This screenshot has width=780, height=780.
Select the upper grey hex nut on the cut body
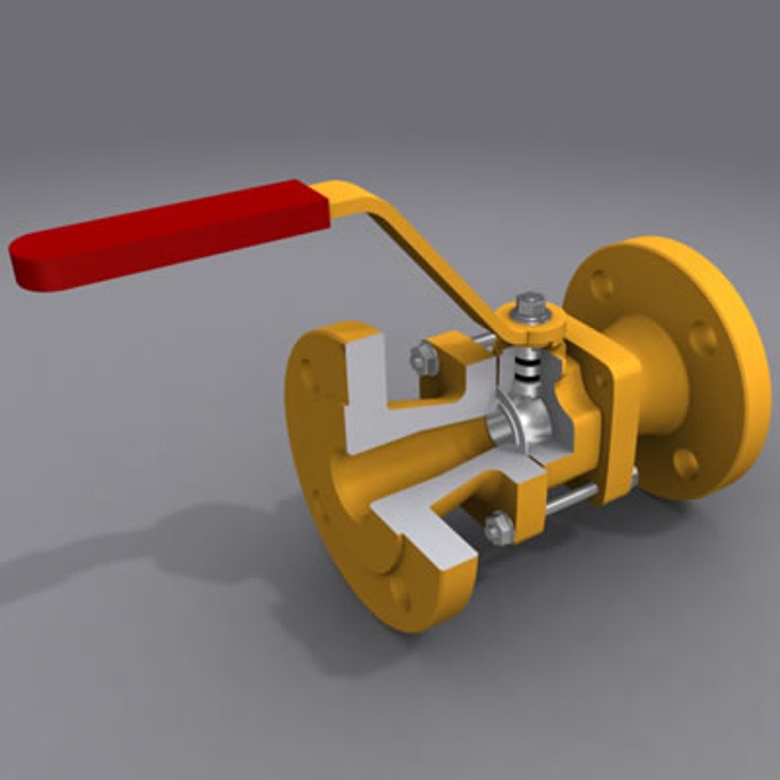tap(424, 359)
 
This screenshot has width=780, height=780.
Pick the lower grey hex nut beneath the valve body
tap(498, 529)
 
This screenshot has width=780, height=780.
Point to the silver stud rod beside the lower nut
tap(571, 498)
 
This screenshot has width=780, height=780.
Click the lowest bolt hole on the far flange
tap(686, 463)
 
